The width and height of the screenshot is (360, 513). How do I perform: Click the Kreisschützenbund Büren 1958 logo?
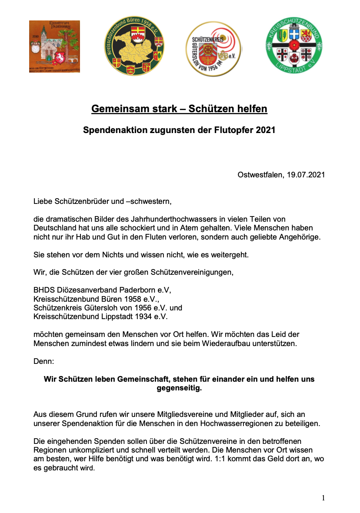tap(134, 47)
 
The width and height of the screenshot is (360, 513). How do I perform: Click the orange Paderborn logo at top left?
tap(54, 47)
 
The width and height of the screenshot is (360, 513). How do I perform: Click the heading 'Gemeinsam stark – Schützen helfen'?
tap(179, 109)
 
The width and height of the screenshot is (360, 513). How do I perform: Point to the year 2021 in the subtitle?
tap(266, 130)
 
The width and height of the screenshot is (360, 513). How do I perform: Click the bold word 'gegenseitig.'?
tap(179, 388)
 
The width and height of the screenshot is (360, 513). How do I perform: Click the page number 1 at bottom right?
tap(323, 498)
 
